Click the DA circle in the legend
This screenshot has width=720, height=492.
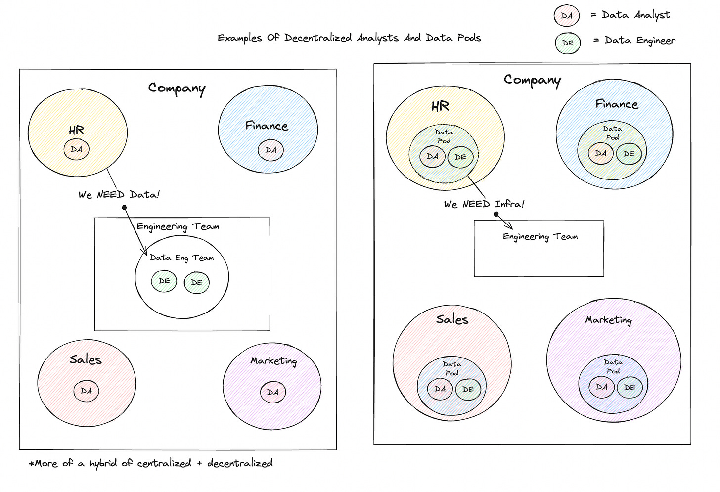tap(567, 16)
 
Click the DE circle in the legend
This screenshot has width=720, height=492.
tap(568, 43)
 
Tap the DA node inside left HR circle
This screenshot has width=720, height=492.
tap(76, 149)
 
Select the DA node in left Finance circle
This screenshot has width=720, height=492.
tap(270, 150)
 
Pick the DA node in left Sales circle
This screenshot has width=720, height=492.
tap(86, 391)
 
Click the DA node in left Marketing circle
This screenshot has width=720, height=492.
tap(273, 392)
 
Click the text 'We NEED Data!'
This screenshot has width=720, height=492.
tap(119, 195)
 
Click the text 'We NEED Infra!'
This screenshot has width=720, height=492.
tap(484, 204)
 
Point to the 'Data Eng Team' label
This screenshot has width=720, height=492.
tap(181, 258)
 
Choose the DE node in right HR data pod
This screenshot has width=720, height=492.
tap(460, 157)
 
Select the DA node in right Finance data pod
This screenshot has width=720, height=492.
tap(601, 153)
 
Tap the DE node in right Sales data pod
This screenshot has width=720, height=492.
tap(468, 389)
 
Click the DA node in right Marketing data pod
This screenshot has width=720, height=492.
tap(602, 387)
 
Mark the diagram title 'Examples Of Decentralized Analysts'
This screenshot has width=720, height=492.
tap(349, 38)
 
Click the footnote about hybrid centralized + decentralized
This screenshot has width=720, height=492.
tap(151, 463)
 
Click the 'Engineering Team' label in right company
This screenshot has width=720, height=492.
tap(540, 237)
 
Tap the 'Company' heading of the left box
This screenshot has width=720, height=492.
tap(177, 89)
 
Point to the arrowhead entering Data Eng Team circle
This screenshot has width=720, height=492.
tap(145, 252)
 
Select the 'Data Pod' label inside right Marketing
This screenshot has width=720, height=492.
tap(613, 366)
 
